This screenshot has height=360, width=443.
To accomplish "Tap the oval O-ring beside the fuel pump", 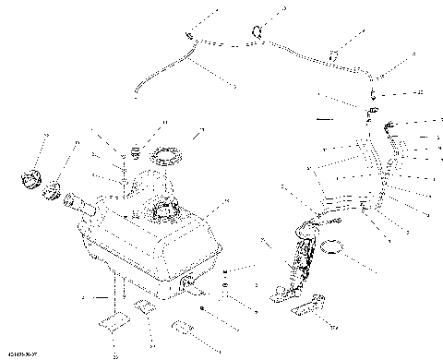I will coord(337,247).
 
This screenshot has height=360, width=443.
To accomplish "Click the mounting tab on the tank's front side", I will coord(188,284).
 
